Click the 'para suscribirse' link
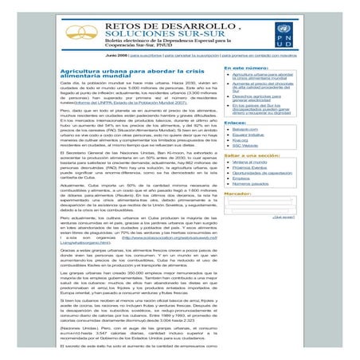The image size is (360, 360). click(148, 56)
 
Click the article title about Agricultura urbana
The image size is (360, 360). click(120, 74)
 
